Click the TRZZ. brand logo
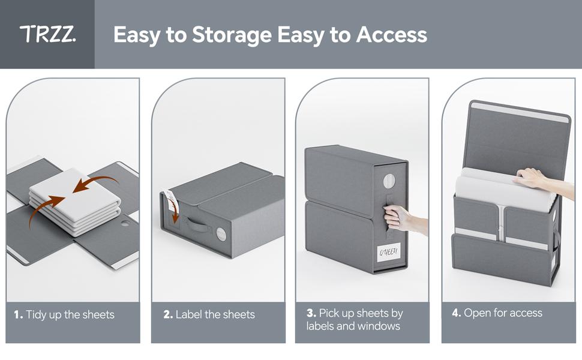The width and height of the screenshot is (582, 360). tap(47, 34)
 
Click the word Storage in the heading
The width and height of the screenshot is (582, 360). tap(232, 35)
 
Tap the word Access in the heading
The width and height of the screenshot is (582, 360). tap(391, 34)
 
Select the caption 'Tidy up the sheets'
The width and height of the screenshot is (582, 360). tap(70, 315)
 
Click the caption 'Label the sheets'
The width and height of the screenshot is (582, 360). tap(215, 315)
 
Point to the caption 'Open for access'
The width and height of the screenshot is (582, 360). tap(503, 313)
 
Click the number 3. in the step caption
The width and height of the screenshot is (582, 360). tap(311, 313)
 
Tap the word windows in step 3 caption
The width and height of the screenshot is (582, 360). tap(378, 326)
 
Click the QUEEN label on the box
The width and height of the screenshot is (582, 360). tap(389, 252)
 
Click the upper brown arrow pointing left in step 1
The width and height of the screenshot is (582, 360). tap(95, 184)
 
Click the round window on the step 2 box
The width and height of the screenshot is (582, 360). tap(221, 234)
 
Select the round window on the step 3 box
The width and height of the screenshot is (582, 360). tap(389, 181)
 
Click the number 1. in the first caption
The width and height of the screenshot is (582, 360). tap(19, 315)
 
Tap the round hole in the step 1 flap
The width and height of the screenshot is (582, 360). tap(125, 223)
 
